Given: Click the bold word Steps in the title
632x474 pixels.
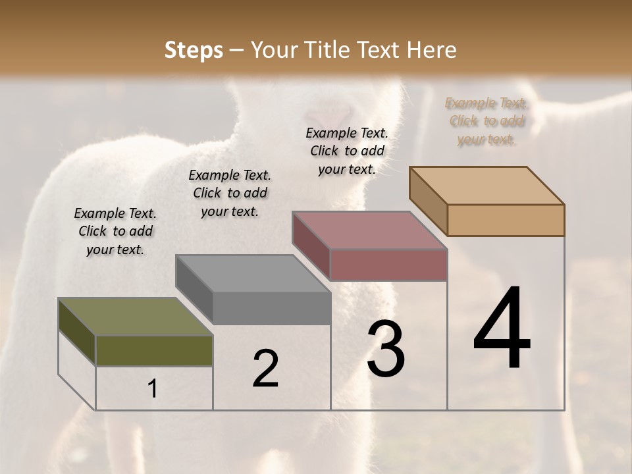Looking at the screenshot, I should coord(194,50).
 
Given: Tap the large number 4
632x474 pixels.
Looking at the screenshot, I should coord(502,329).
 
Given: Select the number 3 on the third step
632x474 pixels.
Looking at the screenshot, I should coord(385,350).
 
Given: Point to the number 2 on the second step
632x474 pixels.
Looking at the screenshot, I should coord(265,369).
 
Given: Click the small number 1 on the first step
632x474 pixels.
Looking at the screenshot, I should coord(152,389).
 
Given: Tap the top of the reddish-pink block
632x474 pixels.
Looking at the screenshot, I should coord(369,230).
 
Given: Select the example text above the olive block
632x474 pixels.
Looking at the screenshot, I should coord(115,231).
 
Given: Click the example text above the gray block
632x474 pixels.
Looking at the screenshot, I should coord(230,193).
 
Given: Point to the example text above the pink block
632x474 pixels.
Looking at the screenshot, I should coord(347,151).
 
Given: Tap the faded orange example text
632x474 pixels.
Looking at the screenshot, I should coord(487,121).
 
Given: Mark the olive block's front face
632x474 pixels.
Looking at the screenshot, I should coord(155,351).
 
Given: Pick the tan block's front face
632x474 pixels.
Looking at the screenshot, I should coord(506,220).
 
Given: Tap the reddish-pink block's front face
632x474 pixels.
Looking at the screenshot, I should coord(388,265).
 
